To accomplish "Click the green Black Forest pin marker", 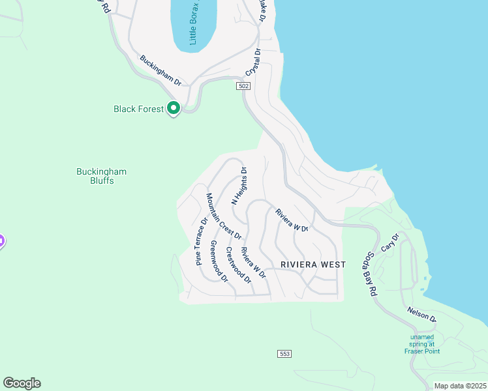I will tap(174, 108).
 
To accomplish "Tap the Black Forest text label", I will tap(138, 109).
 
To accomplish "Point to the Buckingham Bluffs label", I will tap(101, 176).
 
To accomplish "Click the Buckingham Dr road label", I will tap(160, 70).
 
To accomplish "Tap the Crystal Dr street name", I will tap(253, 63).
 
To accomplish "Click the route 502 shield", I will tap(243, 86).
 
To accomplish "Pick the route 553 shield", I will tap(284, 354).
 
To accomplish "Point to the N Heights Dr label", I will tap(239, 186).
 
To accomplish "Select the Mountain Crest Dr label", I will tap(224, 217).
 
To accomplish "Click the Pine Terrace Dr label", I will tap(202, 240).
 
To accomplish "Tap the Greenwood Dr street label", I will tap(219, 261).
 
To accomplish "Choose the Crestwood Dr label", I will tap(238, 265).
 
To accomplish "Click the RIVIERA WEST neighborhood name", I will tap(313, 265).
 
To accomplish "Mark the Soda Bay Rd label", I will tap(371, 274).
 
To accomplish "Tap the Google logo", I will tap(22, 383).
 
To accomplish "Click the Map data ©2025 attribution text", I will tap(459, 386).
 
